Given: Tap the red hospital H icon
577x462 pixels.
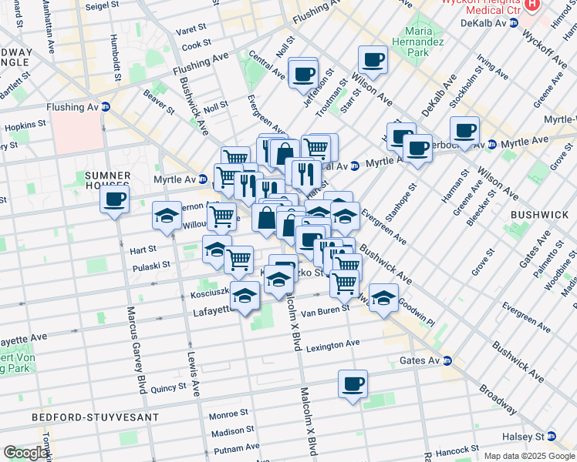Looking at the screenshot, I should point(531,4).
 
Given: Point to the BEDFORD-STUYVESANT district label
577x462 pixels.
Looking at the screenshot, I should point(96,417).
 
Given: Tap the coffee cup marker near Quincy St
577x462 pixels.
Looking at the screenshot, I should point(353,383).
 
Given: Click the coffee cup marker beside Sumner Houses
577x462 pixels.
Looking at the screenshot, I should point(114,200).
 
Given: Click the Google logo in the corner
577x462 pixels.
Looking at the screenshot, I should point(25,453).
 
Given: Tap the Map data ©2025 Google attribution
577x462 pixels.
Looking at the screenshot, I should point(529,456).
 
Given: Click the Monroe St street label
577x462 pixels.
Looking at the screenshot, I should point(227,414).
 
